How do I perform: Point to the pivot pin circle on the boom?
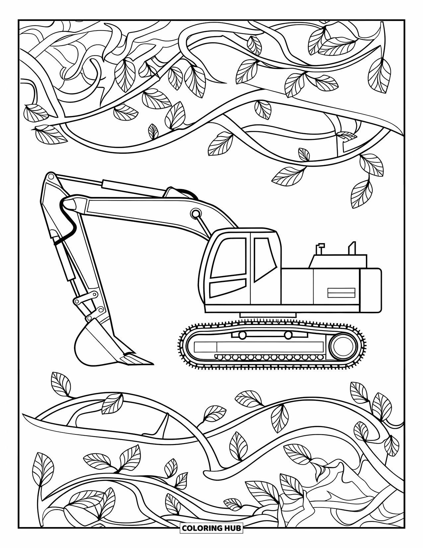pyautogui.click(x=195, y=213)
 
